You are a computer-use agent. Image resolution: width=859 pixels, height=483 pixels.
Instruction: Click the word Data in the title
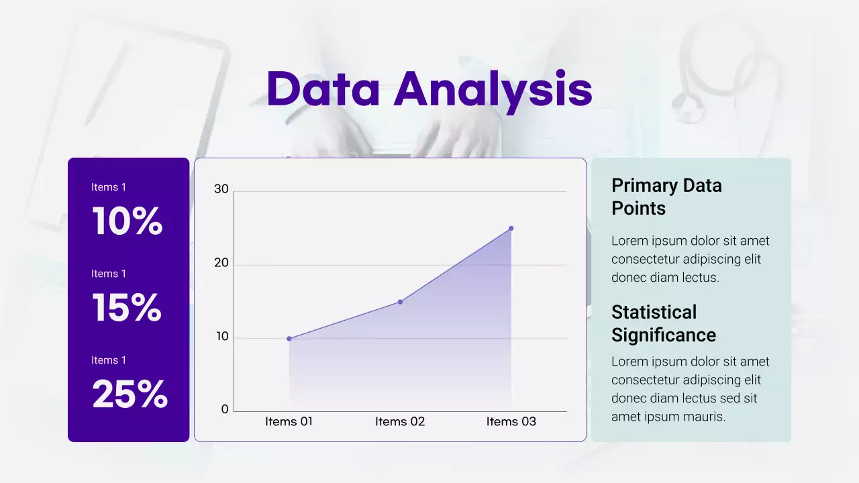tap(323, 89)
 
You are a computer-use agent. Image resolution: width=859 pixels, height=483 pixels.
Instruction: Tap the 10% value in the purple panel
tap(127, 221)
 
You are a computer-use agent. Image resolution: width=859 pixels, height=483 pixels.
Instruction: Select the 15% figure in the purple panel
tap(126, 308)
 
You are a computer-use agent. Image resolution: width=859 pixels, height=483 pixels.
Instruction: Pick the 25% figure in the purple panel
tap(129, 394)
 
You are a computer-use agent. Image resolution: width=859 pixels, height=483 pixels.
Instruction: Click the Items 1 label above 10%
tap(109, 187)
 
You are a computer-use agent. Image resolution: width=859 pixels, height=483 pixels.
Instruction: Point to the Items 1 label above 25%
tap(109, 360)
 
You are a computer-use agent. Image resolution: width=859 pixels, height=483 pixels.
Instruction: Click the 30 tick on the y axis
tap(221, 189)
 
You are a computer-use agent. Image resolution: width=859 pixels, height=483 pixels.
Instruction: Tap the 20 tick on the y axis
tap(221, 263)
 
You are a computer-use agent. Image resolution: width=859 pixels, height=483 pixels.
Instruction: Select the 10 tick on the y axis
tap(221, 337)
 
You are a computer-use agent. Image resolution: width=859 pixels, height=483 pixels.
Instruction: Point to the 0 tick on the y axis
tap(225, 409)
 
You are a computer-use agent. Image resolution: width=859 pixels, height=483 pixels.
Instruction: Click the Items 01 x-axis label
tap(289, 421)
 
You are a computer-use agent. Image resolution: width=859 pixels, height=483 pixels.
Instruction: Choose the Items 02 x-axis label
tap(400, 421)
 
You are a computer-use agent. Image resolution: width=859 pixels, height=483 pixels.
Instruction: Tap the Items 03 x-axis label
tap(511, 421)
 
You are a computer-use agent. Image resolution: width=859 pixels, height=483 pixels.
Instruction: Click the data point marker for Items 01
tap(289, 339)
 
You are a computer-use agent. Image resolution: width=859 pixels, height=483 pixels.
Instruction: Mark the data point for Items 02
tap(400, 302)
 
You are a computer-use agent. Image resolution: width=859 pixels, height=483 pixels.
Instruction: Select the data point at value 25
tap(511, 228)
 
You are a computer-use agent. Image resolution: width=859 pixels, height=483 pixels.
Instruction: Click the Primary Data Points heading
tap(666, 197)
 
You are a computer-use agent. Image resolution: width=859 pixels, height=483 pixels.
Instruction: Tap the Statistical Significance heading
tap(663, 323)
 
